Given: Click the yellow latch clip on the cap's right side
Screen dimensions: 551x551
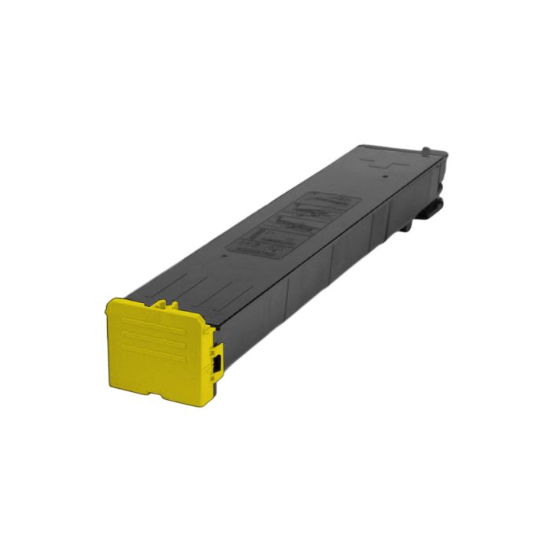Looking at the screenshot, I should [x=215, y=362].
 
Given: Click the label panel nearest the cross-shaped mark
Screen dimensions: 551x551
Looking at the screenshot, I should [x=330, y=205].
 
